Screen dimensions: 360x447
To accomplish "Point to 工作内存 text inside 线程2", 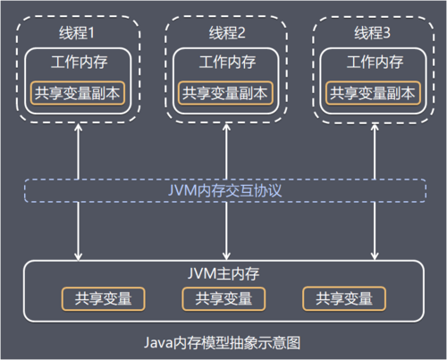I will (x=226, y=63).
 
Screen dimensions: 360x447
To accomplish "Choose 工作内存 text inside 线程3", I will (x=373, y=63).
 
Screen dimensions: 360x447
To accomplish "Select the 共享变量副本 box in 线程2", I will (x=226, y=92).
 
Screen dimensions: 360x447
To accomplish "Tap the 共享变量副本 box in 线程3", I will (x=373, y=92).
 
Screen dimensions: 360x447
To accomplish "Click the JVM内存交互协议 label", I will (x=223, y=191).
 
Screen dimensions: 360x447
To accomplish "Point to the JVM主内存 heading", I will (x=223, y=273).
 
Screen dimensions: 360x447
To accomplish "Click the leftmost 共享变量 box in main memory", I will (x=103, y=298).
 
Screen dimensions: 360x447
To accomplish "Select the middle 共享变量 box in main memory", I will (x=223, y=298).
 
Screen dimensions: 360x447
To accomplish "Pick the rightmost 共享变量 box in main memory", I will (x=344, y=298).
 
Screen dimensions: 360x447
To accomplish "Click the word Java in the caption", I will (x=157, y=342).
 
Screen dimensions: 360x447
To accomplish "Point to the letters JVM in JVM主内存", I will (x=202, y=273).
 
